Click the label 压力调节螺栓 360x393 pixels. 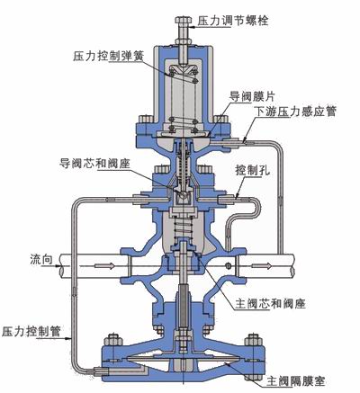(x=233, y=21)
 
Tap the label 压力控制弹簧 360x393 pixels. (x=108, y=56)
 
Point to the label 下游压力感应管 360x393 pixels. (x=295, y=111)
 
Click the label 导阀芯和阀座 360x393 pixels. (x=94, y=164)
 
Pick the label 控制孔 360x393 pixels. (x=253, y=171)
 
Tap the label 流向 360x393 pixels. (x=41, y=259)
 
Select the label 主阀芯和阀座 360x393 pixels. (x=270, y=304)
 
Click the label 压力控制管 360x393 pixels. (x=31, y=331)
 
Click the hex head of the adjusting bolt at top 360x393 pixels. (x=184, y=21)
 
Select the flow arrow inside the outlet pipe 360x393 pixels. (x=262, y=265)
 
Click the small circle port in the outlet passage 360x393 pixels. (x=229, y=265)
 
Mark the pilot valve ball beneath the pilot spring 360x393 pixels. (x=183, y=195)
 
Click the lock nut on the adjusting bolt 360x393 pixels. (x=184, y=40)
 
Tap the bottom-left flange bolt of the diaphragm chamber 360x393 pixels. (x=113, y=342)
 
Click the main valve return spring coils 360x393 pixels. (x=183, y=228)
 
